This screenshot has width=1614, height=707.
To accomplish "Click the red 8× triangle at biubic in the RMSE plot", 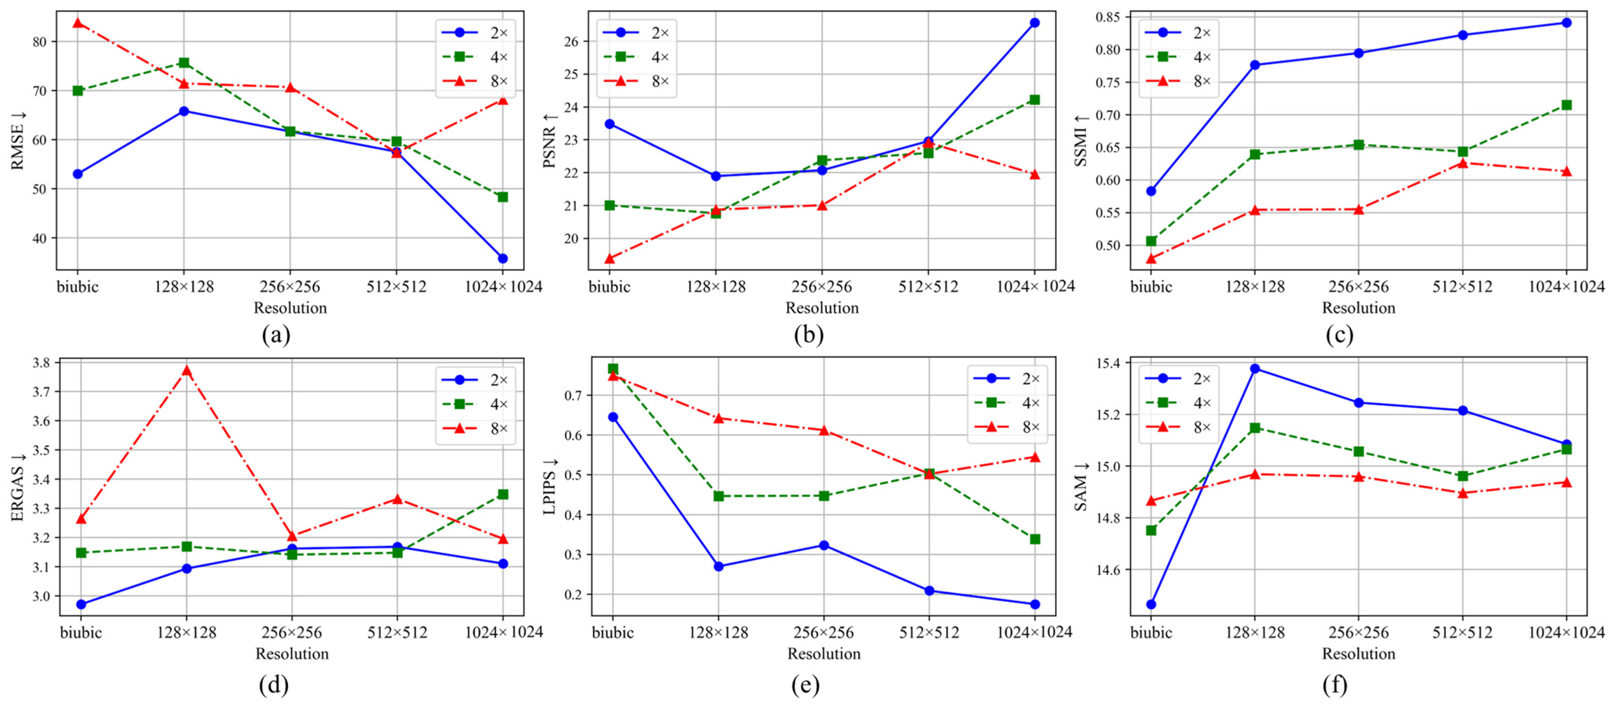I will [x=78, y=23].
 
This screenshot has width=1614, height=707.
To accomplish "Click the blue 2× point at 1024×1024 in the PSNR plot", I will [x=1035, y=22].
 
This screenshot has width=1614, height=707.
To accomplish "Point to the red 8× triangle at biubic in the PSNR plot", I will [x=610, y=258].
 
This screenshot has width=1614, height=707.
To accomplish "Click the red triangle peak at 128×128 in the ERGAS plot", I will [x=187, y=370].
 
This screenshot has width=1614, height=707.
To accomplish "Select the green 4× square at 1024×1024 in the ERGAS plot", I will [x=503, y=494].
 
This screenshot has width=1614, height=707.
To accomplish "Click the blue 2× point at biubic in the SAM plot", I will [x=1151, y=604].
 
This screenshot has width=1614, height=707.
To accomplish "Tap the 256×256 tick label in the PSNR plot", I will [x=822, y=287].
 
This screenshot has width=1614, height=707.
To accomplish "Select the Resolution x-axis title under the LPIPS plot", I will [x=824, y=654].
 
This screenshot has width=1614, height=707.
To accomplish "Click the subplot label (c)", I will [x=1339, y=335].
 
